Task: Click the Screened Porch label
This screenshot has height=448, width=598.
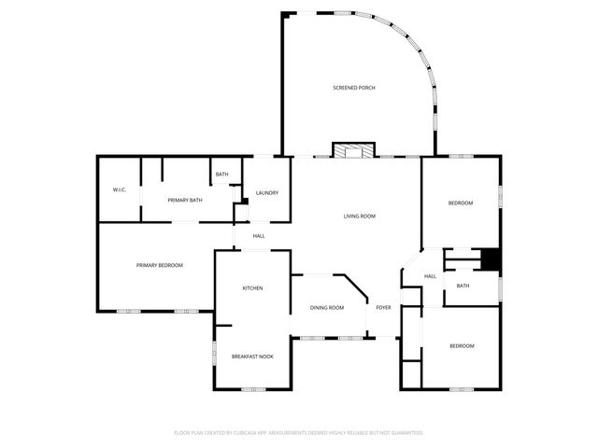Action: pos(354,88)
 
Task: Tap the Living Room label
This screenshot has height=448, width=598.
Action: pos(360,216)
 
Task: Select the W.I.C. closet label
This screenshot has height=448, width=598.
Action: pos(120,190)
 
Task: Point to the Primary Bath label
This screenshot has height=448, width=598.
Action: pos(185,200)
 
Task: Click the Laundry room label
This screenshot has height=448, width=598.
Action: pos(267,193)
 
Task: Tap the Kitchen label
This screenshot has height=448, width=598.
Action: pos(252,287)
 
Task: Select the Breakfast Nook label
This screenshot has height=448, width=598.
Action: pos(252,356)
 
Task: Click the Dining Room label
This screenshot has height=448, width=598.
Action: pos(327,307)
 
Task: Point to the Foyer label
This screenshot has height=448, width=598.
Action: pos(384,307)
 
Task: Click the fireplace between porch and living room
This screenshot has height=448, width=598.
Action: pos(354,150)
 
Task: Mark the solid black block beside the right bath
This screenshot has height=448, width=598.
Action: pos(490,259)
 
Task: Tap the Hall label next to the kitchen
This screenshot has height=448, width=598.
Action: pos(259,235)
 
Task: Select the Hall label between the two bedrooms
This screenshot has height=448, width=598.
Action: pos(431,276)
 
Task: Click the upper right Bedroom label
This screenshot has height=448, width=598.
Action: pos(461,203)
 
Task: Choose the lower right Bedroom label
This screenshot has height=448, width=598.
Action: pos(462,345)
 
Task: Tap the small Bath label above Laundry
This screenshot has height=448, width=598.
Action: pos(222,175)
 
